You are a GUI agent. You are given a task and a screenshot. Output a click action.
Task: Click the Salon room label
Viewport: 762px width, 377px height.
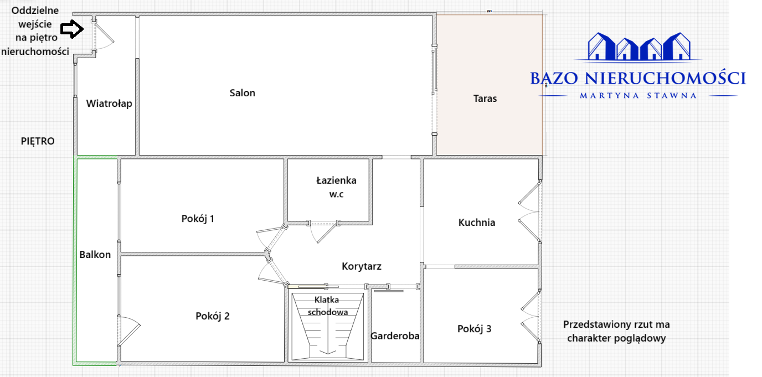coord(243,93)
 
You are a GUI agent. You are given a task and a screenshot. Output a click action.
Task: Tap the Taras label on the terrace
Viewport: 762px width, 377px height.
coord(485,99)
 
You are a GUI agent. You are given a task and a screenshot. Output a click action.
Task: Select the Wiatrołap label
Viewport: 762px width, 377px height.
coord(109,104)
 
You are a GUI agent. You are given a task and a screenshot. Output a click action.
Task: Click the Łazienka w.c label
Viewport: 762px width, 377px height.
coord(336,187)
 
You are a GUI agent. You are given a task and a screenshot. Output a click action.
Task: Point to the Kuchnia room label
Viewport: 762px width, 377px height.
coord(476,223)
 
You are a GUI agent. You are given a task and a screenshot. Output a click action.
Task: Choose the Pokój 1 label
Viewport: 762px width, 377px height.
coord(198,219)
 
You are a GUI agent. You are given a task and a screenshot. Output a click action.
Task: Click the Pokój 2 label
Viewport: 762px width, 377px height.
coord(212,316)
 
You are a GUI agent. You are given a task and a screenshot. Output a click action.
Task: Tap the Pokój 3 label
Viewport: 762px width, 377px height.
coord(474,329)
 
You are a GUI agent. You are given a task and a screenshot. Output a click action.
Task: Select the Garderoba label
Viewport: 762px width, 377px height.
coord(395,335)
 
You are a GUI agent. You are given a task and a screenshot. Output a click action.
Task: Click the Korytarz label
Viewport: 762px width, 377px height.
coord(361,266)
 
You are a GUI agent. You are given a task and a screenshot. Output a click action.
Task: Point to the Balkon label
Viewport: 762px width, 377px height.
coord(95,255)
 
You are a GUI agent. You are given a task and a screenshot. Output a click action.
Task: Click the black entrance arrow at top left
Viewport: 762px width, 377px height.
coord(71,29)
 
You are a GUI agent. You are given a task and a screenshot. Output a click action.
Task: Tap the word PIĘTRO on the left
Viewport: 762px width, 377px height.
coord(38,141)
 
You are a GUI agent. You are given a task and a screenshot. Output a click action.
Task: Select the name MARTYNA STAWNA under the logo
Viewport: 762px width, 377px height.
coord(638,95)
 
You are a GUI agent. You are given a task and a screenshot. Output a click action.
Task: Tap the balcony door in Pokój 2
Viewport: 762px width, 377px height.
coord(128,332)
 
